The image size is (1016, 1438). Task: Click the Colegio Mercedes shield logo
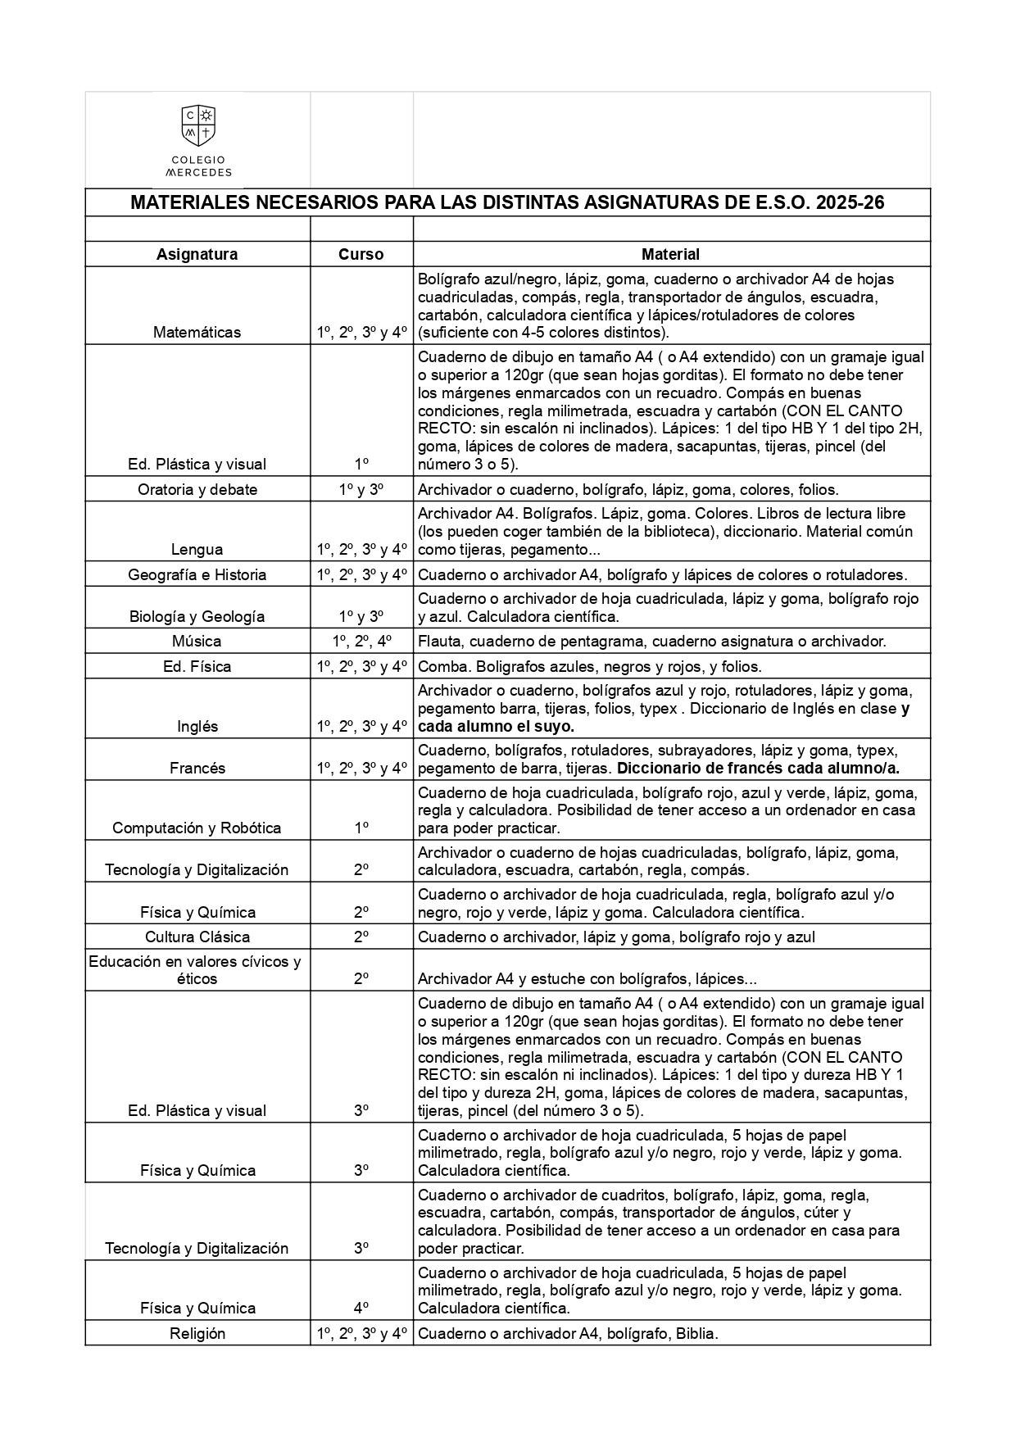197,125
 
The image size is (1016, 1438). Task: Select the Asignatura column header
197,254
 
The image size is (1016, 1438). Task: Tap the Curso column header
361,254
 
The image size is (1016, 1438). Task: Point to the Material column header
670,254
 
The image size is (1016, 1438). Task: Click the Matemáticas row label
197,332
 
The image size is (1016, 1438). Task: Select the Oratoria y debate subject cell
197,489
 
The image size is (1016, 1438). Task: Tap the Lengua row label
197,549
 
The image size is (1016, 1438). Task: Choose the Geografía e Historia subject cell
197,574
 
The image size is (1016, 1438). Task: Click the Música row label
197,641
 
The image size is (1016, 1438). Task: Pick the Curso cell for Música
361,641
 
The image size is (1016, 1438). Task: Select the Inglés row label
197,726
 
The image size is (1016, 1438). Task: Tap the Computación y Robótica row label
197,828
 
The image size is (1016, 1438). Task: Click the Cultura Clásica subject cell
197,937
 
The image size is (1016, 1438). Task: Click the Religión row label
197,1333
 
